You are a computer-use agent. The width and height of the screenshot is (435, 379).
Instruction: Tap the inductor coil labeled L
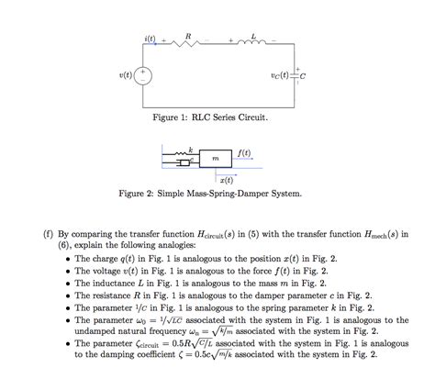[x=253, y=42]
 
